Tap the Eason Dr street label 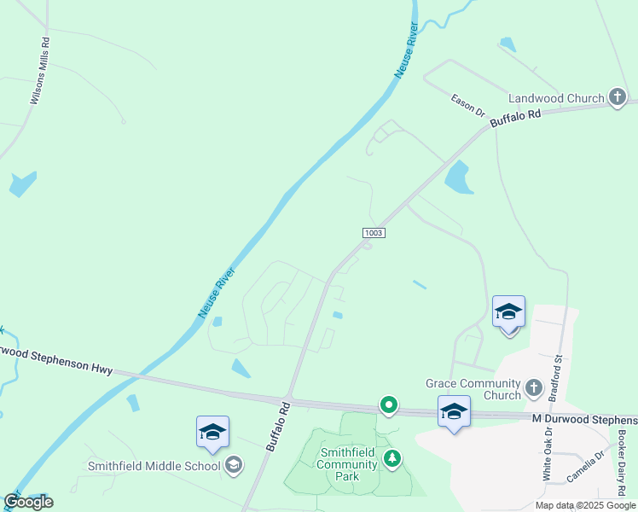(467, 105)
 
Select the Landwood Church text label (556, 98)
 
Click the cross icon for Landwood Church (618, 98)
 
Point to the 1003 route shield (373, 233)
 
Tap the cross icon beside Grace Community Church (534, 388)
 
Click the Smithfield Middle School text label (154, 466)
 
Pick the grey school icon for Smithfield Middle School (234, 465)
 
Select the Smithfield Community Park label (347, 464)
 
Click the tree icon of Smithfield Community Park (392, 459)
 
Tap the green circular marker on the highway (389, 405)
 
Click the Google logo (28, 502)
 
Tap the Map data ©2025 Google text (585, 505)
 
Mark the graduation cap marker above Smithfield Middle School (212, 432)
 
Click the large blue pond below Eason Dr (459, 177)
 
